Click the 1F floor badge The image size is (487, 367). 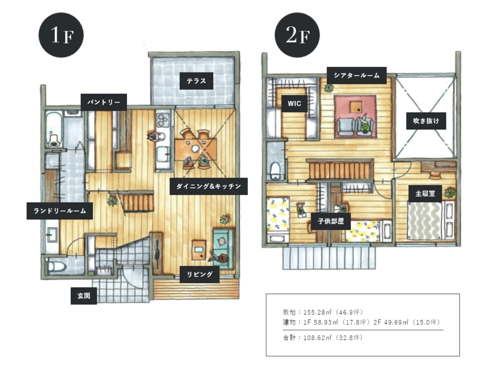click(61, 35)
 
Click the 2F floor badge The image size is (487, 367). click(297, 35)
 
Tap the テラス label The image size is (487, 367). click(196, 81)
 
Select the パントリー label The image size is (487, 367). click(104, 102)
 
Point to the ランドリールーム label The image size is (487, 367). click(60, 211)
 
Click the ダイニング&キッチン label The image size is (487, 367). click(209, 186)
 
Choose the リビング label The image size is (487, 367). click(200, 274)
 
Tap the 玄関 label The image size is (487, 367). click(84, 296)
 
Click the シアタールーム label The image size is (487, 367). click(357, 75)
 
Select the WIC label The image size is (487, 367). click(294, 103)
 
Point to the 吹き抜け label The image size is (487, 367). click(426, 121)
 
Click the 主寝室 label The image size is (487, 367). click(425, 194)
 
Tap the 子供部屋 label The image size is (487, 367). click(331, 221)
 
